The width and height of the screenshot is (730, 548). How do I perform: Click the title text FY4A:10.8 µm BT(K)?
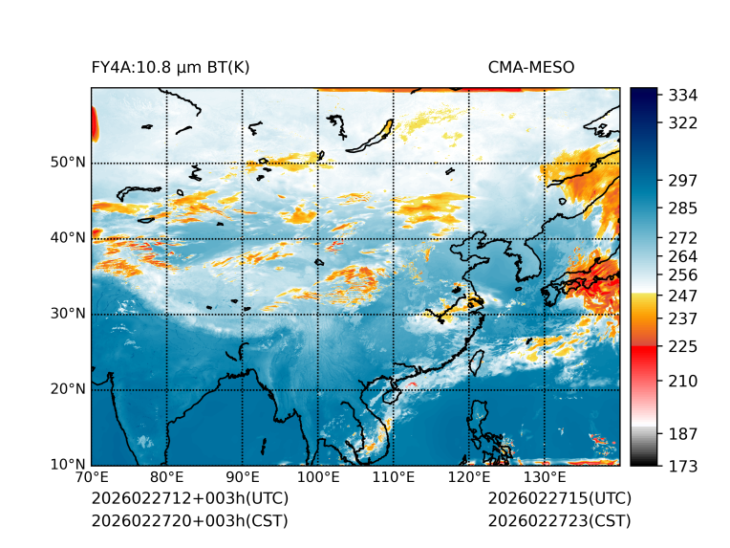coord(170,68)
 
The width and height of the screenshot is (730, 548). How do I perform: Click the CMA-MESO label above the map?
coord(531,68)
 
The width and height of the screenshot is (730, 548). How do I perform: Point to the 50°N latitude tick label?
coord(68,163)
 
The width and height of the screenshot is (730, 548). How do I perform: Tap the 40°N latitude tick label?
coord(68,238)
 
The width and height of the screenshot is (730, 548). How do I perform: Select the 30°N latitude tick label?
coord(68,314)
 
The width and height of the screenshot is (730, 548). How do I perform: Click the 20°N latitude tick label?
coord(68,389)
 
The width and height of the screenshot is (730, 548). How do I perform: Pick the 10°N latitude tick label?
coord(68,465)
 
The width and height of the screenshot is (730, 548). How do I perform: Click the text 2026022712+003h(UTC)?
coord(189,499)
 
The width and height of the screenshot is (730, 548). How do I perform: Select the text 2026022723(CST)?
coord(559,520)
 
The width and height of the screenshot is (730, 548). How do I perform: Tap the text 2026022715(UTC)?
coord(559,499)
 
